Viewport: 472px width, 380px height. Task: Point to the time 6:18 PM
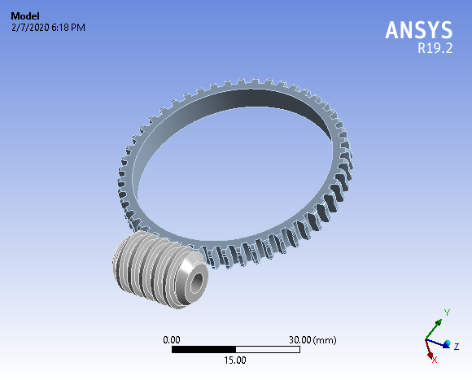70,28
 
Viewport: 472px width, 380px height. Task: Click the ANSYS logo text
418,30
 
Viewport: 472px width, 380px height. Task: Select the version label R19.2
435,49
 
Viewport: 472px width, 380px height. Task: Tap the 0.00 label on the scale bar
172,339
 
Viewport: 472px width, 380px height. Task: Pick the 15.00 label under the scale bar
236,360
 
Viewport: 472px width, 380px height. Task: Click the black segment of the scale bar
203,349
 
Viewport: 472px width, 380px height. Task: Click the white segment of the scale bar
268,349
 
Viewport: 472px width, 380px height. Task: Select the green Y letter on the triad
447,312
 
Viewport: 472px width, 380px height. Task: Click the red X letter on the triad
434,359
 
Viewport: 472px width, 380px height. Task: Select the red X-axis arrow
430,351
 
